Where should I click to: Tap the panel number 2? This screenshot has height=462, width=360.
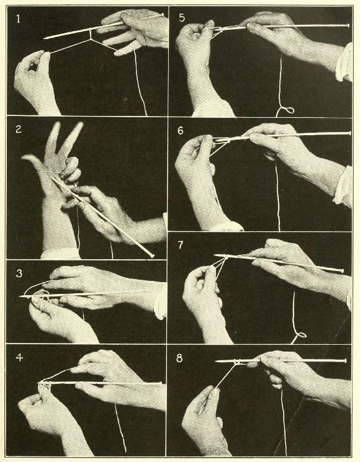18,131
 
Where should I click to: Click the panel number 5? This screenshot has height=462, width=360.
181,17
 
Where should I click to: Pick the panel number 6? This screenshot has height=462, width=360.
181,131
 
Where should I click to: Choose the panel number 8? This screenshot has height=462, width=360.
181,358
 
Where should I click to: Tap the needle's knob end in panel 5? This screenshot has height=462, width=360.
348,25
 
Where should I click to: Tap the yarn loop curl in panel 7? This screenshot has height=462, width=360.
300,336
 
